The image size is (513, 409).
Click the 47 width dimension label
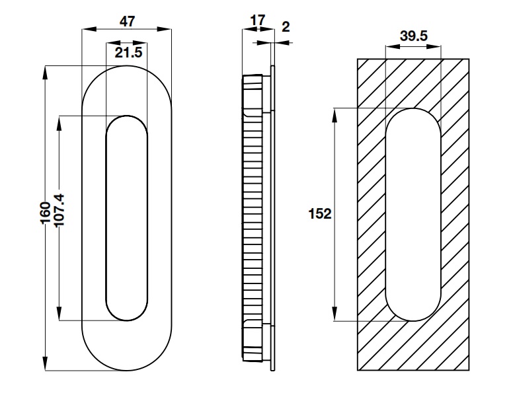tap(127, 20)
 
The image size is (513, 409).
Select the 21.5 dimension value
tap(128, 53)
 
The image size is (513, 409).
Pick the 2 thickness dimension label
tap(285, 26)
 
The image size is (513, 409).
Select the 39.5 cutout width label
tap(413, 36)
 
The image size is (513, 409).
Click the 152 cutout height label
tap(319, 214)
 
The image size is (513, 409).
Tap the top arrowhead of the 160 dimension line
tap(46, 71)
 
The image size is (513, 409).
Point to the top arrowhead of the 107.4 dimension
tap(60, 121)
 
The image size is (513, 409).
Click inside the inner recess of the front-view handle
tap(126, 218)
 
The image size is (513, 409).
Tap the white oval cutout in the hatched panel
tap(413, 215)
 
